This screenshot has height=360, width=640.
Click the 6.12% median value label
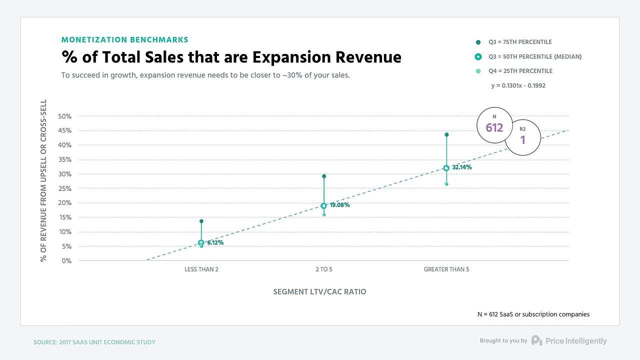point(215,243)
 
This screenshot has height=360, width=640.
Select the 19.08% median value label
point(339,205)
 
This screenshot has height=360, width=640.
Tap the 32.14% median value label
point(461,167)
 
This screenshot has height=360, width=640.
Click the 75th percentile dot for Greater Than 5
point(446,134)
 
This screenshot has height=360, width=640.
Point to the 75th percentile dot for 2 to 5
point(324,176)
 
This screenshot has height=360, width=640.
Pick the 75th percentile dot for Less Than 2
point(201,221)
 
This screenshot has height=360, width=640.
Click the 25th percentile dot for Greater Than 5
point(446,184)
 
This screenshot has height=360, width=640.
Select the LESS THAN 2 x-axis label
point(201,269)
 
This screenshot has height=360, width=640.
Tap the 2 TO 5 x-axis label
point(324,269)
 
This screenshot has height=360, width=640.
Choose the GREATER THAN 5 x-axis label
point(446,269)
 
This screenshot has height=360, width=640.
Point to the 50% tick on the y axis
point(65,116)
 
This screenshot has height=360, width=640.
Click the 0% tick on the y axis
point(67,261)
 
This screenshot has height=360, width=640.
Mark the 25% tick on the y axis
point(65,188)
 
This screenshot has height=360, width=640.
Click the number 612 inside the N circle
point(494,128)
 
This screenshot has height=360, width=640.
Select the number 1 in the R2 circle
point(523,140)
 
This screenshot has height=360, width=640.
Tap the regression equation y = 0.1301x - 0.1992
point(518,85)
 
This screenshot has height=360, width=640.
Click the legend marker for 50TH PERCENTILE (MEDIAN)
point(478,56)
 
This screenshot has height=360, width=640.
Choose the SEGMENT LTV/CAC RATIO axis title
point(319,291)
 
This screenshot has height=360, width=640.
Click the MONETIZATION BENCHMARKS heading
point(125,39)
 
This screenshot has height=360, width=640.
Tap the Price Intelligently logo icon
point(536,340)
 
